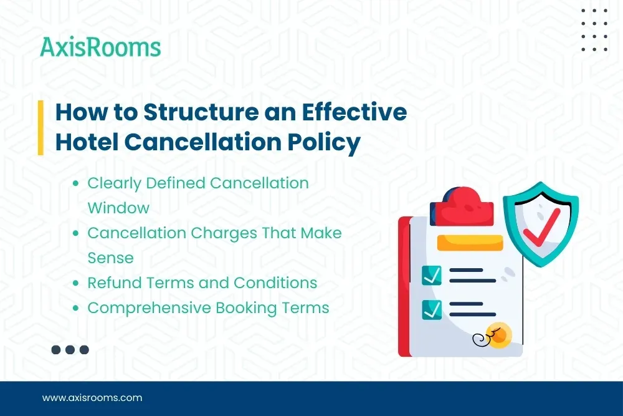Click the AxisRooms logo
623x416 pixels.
pyautogui.click(x=100, y=47)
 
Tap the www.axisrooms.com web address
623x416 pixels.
pyautogui.click(x=92, y=397)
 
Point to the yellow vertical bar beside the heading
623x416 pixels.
pyautogui.click(x=40, y=127)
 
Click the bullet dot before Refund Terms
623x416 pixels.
pyautogui.click(x=75, y=283)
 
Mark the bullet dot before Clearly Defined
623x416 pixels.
pyautogui.click(x=75, y=183)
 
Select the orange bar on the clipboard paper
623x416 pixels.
pyautogui.click(x=470, y=243)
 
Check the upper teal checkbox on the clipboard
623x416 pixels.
pyautogui.click(x=432, y=275)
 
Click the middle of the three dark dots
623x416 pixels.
pyautogui.click(x=70, y=350)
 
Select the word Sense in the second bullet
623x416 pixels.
pyautogui.click(x=110, y=258)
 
